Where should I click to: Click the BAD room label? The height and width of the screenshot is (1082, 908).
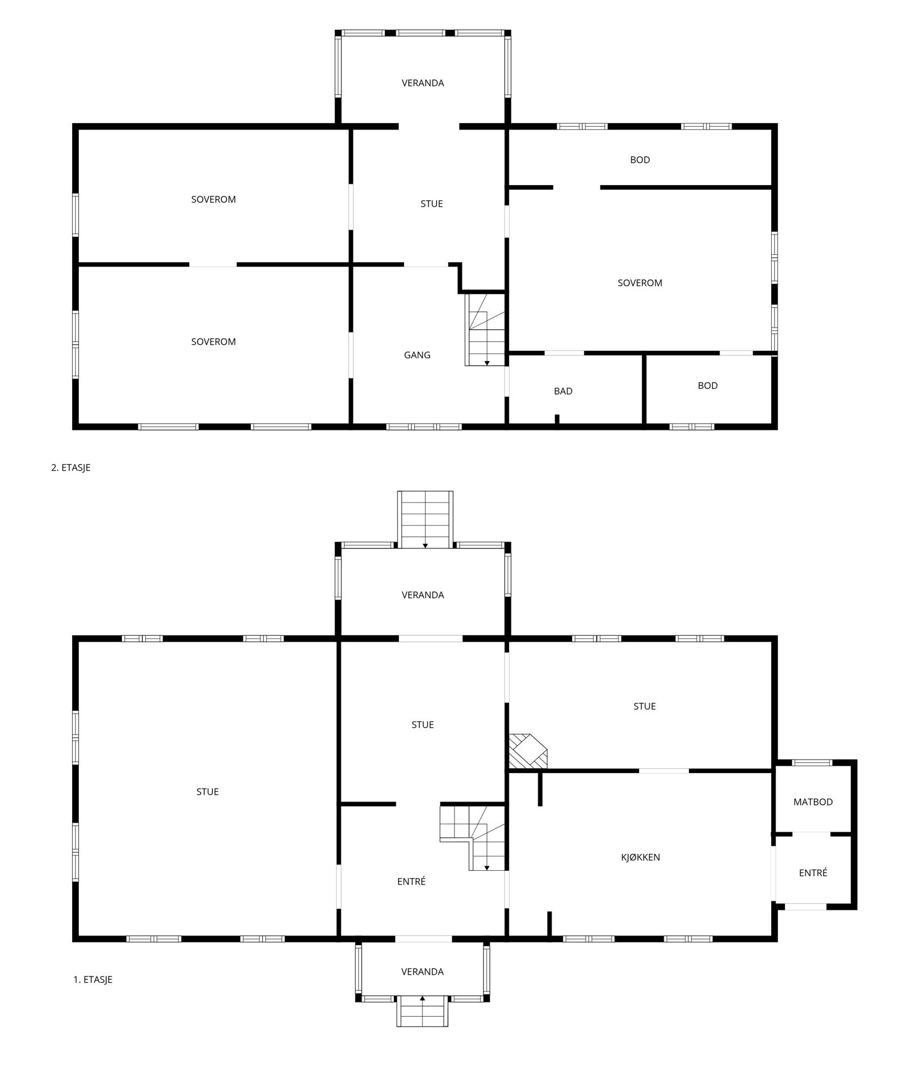tap(563, 391)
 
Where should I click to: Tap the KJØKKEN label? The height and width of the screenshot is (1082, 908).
tap(640, 857)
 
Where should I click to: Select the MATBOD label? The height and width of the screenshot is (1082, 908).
tap(813, 802)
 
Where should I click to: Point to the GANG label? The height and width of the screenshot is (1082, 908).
tap(417, 355)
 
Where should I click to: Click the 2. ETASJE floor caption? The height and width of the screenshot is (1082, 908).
tap(71, 468)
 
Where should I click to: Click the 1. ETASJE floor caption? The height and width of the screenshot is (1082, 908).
tap(93, 979)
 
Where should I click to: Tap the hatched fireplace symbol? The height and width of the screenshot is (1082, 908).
tap(527, 751)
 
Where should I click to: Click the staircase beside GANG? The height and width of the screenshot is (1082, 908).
tap(486, 329)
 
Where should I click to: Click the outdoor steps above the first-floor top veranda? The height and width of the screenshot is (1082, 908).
tap(426, 519)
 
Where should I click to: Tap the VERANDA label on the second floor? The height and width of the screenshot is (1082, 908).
tap(423, 83)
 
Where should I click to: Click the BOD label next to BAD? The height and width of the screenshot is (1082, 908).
tap(708, 385)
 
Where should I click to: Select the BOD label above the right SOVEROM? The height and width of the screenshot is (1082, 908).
tap(640, 160)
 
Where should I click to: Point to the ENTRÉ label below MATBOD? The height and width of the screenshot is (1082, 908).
tap(813, 873)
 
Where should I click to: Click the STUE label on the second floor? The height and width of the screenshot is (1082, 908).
tap(431, 204)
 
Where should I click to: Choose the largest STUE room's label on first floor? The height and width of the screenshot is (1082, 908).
tap(207, 792)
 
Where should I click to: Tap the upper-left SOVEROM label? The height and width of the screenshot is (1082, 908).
tap(213, 199)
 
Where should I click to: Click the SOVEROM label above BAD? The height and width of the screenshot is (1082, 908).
tap(640, 283)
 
